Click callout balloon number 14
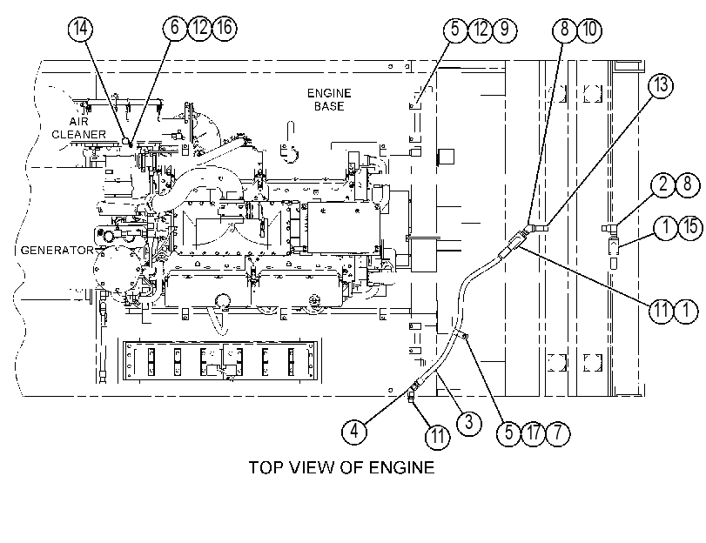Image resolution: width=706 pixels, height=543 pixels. click(x=80, y=29)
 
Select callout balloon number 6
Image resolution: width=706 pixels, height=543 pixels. click(x=175, y=28)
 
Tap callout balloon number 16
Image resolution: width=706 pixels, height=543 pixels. click(x=225, y=28)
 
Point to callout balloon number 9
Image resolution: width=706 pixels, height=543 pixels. click(x=505, y=30)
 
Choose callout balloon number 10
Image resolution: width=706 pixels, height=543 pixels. click(x=589, y=30)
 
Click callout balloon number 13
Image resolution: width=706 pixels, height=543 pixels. click(x=661, y=85)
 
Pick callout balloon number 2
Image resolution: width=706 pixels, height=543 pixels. click(x=662, y=184)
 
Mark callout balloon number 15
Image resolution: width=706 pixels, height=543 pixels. click(x=689, y=226)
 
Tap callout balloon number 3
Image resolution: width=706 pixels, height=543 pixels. click(x=468, y=423)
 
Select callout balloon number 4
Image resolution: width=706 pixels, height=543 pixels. click(x=354, y=432)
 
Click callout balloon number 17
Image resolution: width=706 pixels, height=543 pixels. click(x=533, y=433)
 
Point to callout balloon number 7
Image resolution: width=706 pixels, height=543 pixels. click(x=558, y=433)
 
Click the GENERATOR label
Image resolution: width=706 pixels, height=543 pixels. click(x=57, y=251)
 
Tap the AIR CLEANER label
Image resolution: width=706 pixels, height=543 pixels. click(x=79, y=128)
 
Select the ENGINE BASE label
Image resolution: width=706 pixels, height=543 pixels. click(x=329, y=99)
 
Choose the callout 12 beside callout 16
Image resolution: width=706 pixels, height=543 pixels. click(x=199, y=28)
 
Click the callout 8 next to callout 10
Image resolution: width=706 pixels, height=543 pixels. click(x=565, y=30)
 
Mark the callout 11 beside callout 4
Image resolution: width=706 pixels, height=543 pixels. click(x=438, y=436)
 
